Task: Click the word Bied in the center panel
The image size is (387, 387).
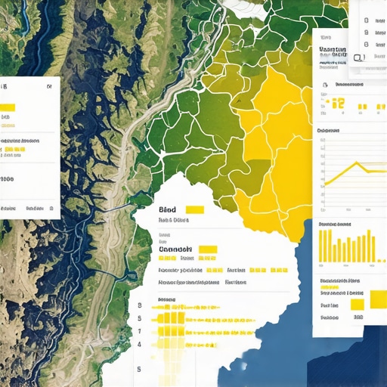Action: click(168, 209)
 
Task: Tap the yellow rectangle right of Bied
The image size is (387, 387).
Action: click(194, 210)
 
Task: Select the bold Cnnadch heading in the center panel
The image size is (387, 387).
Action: click(176, 249)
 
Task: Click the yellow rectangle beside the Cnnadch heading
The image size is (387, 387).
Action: click(208, 249)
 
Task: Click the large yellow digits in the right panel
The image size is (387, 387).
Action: click(338, 104)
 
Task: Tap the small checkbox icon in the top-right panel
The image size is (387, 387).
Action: click(358, 57)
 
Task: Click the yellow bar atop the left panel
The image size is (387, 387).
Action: click(8, 107)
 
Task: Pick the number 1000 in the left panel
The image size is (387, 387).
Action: click(8, 180)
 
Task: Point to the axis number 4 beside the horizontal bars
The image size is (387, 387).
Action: click(140, 344)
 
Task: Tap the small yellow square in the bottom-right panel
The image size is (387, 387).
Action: click(358, 304)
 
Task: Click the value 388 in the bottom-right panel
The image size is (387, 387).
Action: click(358, 318)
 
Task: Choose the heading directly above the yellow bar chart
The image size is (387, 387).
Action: click(335, 224)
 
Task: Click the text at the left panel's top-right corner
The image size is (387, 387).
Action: click(49, 87)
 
